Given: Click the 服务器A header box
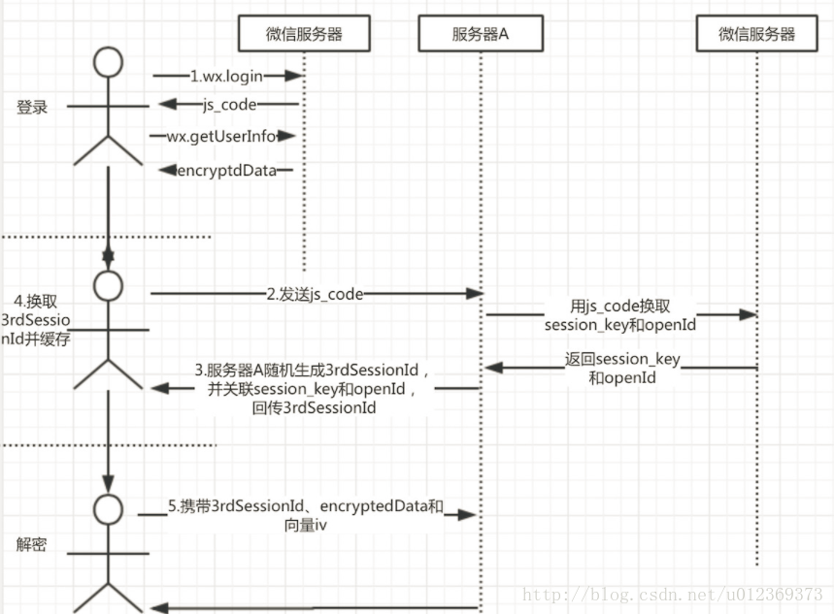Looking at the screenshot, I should [x=480, y=35].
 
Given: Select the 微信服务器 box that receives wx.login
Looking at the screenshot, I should [x=303, y=35].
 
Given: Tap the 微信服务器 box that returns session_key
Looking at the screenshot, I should [x=757, y=34].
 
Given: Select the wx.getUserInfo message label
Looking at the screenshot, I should [x=222, y=137].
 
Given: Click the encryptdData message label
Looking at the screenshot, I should [x=224, y=170].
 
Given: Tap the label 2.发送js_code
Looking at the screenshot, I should [x=316, y=294].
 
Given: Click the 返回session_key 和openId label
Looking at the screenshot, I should [x=622, y=368].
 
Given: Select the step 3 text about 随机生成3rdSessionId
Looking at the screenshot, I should [x=312, y=388].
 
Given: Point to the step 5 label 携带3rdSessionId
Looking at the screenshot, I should [x=305, y=515].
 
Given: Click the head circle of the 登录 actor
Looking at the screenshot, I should [x=109, y=62].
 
